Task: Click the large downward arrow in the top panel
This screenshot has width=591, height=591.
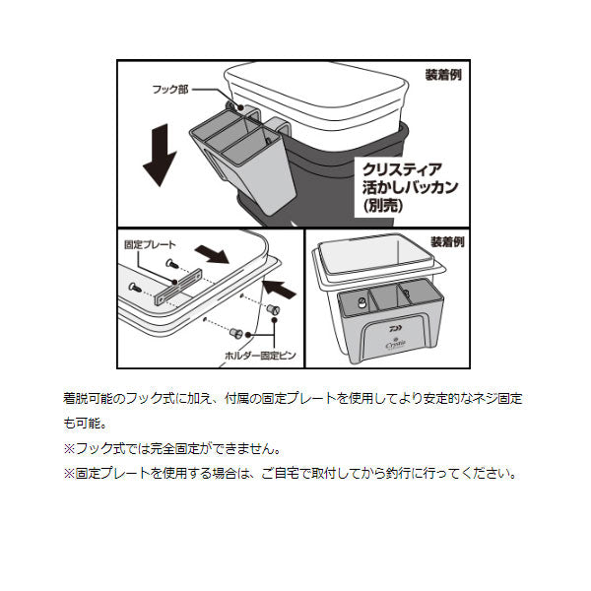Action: click(159, 153)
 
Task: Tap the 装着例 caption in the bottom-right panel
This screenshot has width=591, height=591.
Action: click(449, 241)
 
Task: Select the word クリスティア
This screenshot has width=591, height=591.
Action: click(405, 168)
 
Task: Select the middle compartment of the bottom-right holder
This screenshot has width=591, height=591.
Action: click(388, 299)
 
